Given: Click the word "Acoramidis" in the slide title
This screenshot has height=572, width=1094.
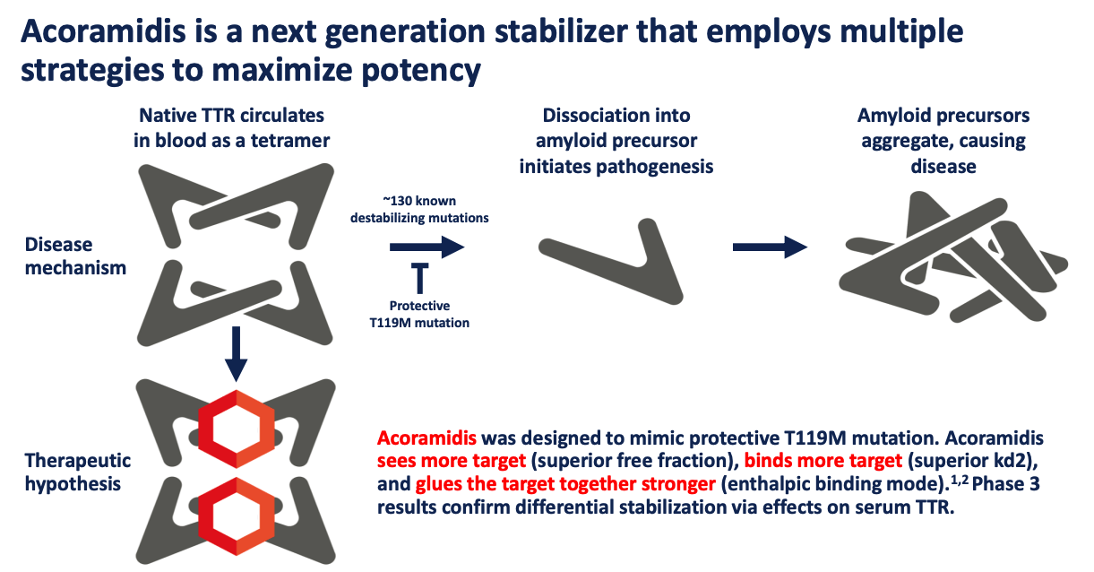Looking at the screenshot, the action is point(103,31).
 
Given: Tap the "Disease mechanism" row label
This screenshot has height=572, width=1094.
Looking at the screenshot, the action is point(75,256).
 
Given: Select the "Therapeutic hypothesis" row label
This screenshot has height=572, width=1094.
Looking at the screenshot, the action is point(78,472).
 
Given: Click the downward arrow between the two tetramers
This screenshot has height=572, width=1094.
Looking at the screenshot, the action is point(236,354).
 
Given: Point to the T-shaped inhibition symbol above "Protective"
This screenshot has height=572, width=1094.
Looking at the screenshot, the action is point(419,278).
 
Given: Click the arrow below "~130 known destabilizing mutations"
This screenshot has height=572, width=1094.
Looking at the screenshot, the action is point(426,247).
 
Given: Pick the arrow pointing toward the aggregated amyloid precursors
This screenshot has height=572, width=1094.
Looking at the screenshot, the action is point(770,247).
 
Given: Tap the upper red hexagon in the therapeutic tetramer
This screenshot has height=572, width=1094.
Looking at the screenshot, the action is point(237,429).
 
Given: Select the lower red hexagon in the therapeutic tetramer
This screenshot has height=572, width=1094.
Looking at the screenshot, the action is point(237,516).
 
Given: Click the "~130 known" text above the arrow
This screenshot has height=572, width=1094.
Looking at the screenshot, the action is point(419,201).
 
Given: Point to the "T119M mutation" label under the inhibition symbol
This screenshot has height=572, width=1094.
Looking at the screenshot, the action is point(419,323).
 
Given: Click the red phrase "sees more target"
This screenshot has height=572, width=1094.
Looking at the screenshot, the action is point(452,461).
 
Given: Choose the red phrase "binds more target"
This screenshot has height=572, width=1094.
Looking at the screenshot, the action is point(823,461).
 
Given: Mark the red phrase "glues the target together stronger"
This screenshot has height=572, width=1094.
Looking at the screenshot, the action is point(565,484).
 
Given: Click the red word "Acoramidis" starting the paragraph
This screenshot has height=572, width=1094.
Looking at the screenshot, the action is point(426,438).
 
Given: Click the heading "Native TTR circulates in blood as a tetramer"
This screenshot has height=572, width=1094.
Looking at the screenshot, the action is point(231,128).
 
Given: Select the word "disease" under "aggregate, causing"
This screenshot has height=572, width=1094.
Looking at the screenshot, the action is point(943,167).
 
